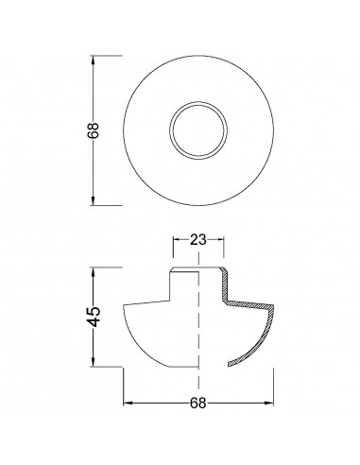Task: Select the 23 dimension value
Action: click(x=197, y=240)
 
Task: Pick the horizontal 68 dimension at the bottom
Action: click(x=197, y=403)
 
